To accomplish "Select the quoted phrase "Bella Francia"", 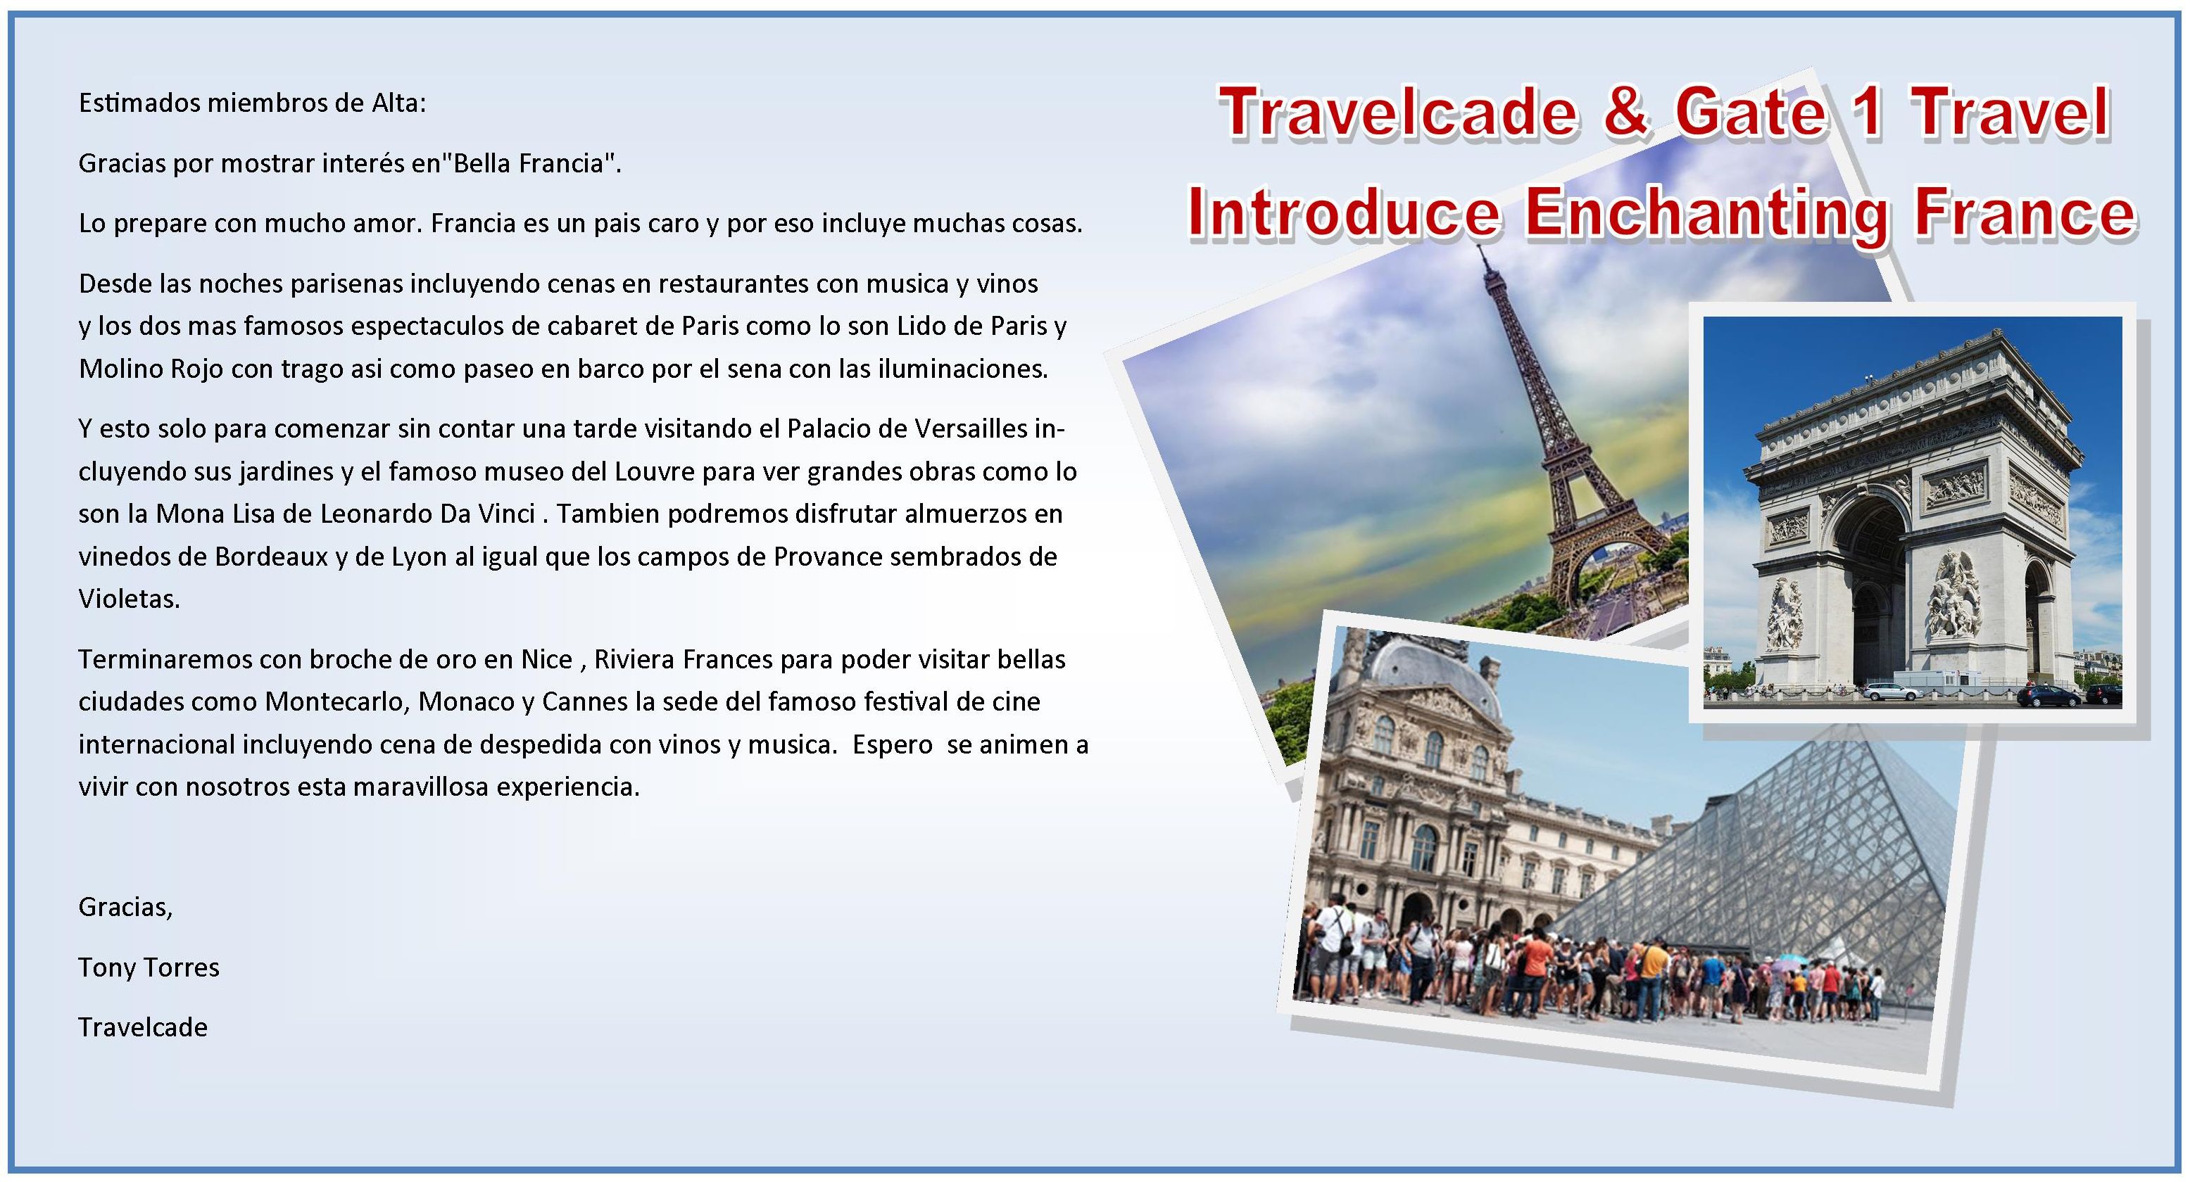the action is (533, 163).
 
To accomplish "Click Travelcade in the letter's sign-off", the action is (143, 1027).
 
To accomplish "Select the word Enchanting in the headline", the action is (1708, 212).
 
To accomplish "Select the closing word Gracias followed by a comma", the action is (126, 908).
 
